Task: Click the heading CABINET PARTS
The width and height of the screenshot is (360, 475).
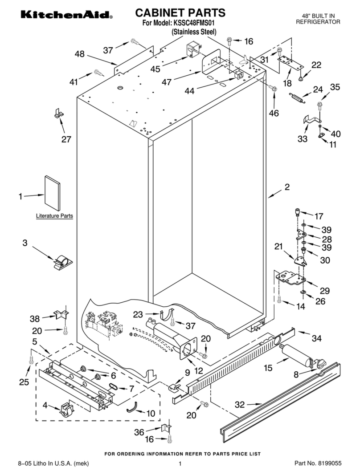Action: click(x=180, y=12)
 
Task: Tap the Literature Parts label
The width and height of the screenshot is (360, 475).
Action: click(x=54, y=216)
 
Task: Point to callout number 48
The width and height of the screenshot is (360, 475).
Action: click(x=79, y=54)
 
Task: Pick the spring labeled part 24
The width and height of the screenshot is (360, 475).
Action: click(x=297, y=97)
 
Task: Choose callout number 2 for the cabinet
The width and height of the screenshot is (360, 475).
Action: click(x=287, y=187)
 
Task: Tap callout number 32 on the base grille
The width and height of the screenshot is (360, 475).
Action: click(x=240, y=405)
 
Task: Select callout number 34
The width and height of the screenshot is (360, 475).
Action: click(x=316, y=339)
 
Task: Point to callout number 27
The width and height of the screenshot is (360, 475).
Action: click(x=66, y=139)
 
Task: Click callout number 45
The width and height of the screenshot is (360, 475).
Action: click(x=155, y=69)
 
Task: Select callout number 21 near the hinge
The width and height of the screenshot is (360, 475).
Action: click(x=278, y=247)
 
